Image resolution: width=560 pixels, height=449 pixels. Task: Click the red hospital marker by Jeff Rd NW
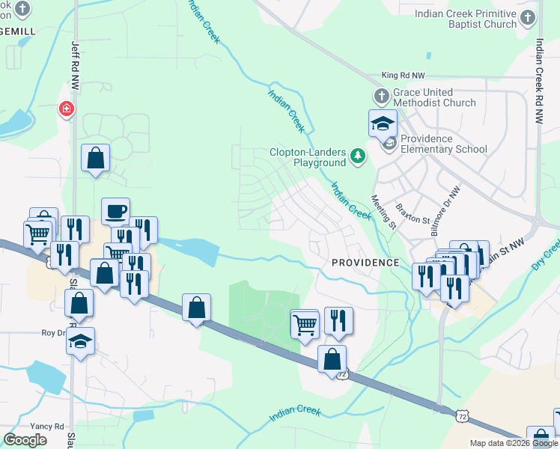67,110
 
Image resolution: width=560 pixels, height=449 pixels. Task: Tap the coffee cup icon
115,211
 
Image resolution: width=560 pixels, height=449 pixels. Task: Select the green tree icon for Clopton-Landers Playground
359,156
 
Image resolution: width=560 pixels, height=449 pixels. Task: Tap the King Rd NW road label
403,76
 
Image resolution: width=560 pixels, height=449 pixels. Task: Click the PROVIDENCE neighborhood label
365,263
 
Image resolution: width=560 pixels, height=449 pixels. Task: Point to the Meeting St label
383,212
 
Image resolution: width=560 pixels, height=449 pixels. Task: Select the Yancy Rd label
48,426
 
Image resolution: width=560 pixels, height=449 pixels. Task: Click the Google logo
25,440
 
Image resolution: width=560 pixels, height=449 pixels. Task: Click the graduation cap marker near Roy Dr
80,342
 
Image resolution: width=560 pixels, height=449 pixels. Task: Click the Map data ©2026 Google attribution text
514,443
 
